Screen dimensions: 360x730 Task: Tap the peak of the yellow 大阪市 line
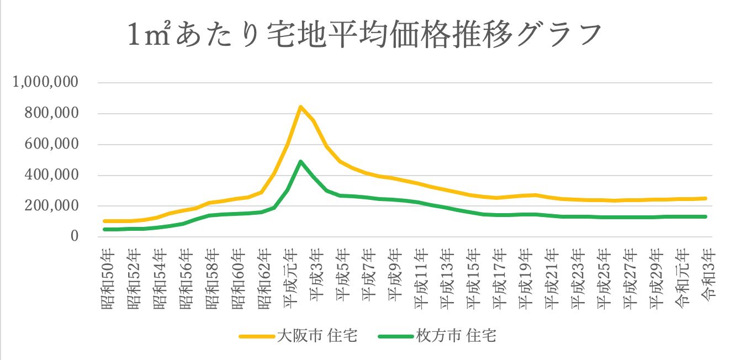[x=300, y=107]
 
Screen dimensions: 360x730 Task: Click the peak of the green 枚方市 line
[x=300, y=162]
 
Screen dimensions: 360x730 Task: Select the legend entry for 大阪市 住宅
[x=298, y=336]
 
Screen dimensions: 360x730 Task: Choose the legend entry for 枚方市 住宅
[x=436, y=336]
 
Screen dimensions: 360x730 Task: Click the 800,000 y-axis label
[x=54, y=114]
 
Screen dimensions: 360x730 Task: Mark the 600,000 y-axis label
[x=54, y=145]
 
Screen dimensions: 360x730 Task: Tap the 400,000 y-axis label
[x=54, y=176]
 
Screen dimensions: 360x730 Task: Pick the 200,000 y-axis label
[x=54, y=206]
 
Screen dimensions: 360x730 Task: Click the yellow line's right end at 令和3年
[x=706, y=198]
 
